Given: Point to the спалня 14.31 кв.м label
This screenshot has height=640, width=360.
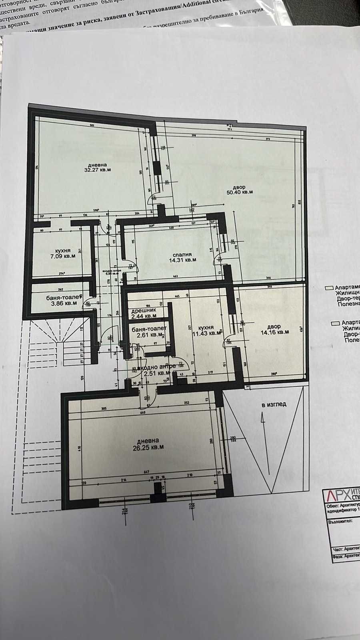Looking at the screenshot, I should [x=182, y=257].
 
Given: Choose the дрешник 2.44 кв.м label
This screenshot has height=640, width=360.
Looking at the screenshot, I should [x=144, y=313].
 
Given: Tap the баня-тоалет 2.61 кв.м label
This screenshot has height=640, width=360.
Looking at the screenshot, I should [x=148, y=331].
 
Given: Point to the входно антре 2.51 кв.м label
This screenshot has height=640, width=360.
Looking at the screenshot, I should [x=156, y=370].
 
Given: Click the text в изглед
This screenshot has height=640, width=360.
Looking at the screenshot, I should [x=274, y=404].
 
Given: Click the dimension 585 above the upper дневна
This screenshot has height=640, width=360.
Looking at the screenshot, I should [x=92, y=126].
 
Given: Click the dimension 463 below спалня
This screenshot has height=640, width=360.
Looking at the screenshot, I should [x=175, y=276].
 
